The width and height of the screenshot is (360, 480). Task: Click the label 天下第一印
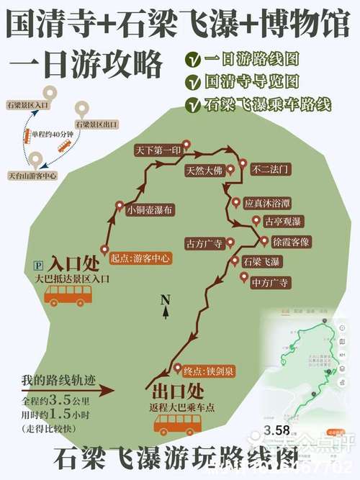[154, 152]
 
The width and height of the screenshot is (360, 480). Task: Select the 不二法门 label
[270, 170]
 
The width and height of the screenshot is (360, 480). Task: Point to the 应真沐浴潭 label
[269, 204]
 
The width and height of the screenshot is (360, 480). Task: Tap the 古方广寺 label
[205, 243]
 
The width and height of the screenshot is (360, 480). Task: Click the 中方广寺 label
[270, 283]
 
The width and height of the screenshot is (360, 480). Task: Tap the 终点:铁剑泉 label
[208, 371]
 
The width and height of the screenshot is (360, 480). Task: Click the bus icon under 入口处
[68, 294]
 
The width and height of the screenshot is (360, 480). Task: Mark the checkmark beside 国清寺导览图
[192, 81]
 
